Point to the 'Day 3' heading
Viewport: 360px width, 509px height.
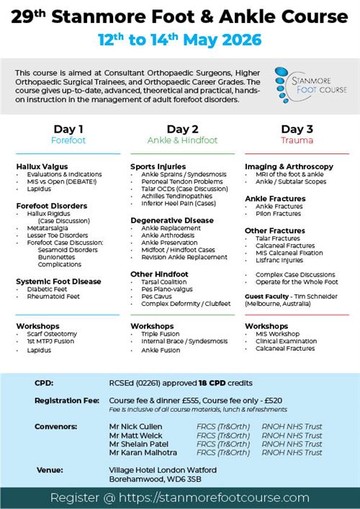297,129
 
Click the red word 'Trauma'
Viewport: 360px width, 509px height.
297,140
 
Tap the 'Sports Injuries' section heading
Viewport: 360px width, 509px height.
158,166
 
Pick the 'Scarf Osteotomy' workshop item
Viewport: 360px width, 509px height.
54,335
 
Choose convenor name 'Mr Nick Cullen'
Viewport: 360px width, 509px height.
135,426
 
